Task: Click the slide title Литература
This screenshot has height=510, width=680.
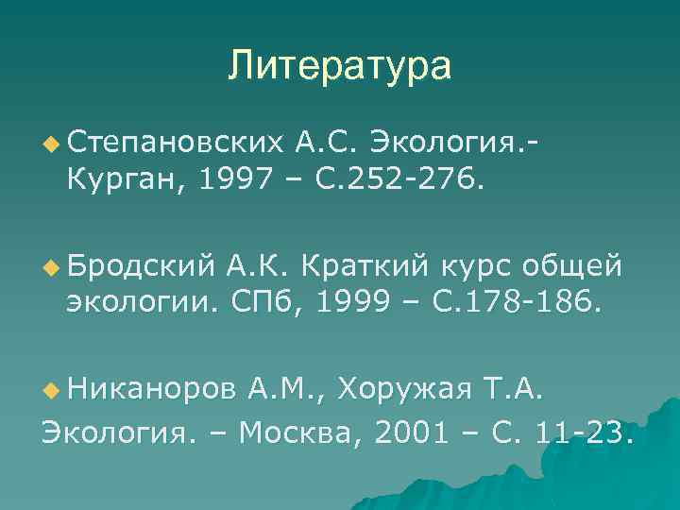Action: click(x=339, y=66)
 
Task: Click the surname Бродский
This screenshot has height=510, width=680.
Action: click(x=141, y=267)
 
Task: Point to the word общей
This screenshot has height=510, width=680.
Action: click(x=575, y=267)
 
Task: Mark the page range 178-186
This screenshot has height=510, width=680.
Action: click(x=520, y=302)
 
